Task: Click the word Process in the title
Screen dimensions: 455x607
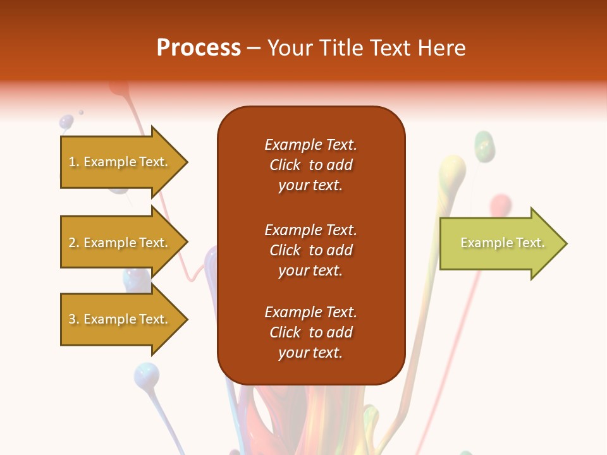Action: (199, 48)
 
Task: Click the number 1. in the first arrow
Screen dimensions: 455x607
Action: (74, 162)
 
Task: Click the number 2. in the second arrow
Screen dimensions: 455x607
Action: (74, 243)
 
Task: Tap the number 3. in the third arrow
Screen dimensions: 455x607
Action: (74, 320)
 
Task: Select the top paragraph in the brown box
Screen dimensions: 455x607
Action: (310, 165)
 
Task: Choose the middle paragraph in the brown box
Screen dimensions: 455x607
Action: (310, 250)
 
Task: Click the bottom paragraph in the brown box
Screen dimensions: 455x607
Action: (310, 332)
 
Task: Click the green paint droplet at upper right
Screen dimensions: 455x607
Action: (484, 145)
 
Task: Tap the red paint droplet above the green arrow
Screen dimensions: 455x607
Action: (500, 203)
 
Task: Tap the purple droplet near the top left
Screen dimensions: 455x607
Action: (66, 121)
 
